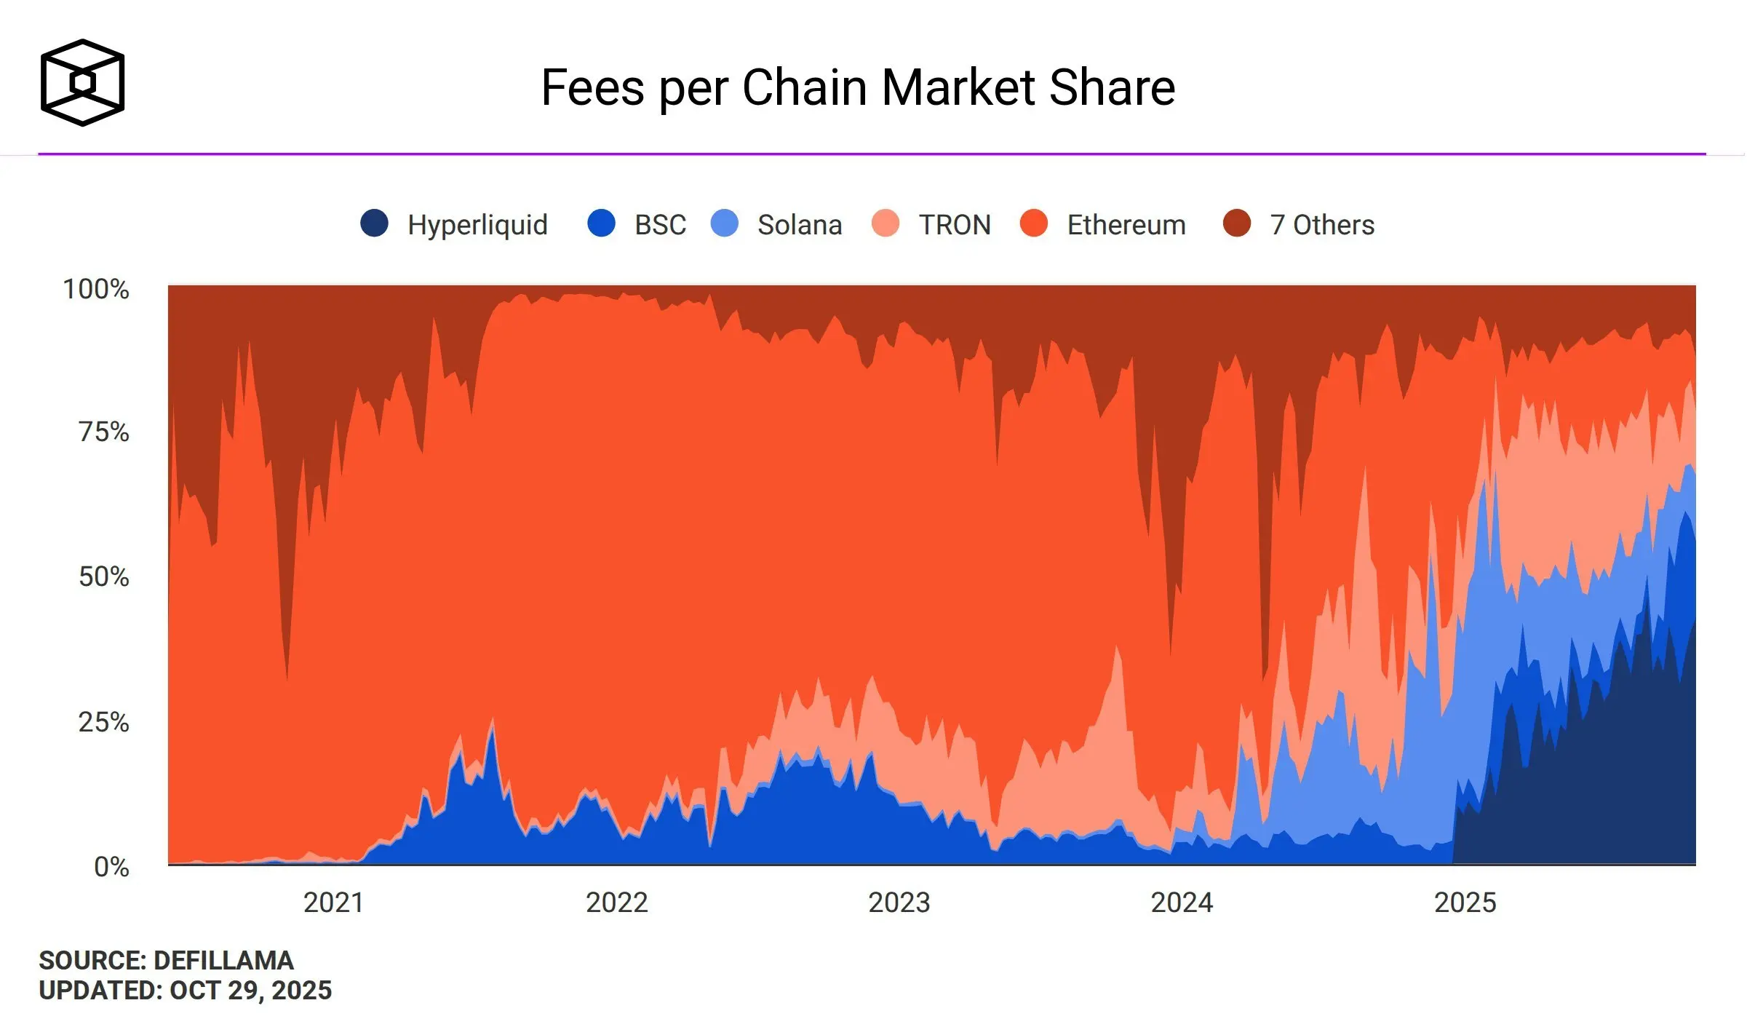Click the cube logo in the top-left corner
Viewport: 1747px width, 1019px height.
coord(82,82)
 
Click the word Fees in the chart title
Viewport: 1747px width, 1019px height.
coord(592,88)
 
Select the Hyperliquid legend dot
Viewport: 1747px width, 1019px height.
coord(375,223)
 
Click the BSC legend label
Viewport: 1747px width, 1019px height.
coord(660,225)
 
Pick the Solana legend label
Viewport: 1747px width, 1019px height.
coord(800,225)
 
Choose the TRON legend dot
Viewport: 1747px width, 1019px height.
coord(886,223)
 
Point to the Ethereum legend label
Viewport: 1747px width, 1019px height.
coord(1126,225)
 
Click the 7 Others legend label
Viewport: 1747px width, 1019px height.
coord(1322,225)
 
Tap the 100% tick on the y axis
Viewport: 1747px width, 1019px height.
coord(96,289)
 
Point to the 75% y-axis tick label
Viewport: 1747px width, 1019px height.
coord(104,432)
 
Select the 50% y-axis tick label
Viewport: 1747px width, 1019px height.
coord(104,576)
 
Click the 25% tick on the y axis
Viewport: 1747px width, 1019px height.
coord(104,722)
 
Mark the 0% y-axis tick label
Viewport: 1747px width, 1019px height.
coord(111,867)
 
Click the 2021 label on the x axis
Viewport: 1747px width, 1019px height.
coord(333,903)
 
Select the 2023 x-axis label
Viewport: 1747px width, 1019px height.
coord(899,903)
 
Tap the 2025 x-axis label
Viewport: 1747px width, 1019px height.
coord(1465,903)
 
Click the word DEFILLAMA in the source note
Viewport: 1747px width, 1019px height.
coord(223,961)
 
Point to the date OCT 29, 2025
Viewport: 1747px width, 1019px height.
coord(250,991)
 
